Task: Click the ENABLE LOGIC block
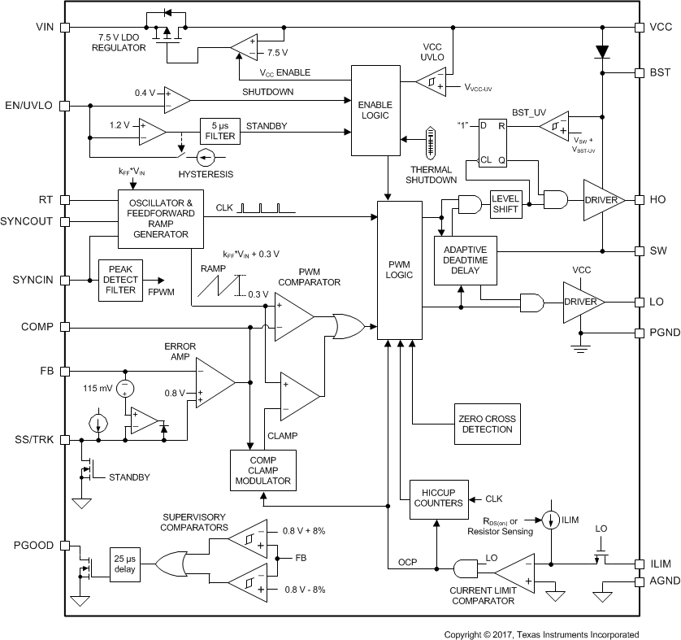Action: pos(375,111)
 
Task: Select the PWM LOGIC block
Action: pos(401,268)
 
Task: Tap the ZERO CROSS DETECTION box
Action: pos(484,424)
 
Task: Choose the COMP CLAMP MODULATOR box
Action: pos(262,468)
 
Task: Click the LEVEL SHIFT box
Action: pos(505,204)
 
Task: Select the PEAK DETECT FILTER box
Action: pos(120,280)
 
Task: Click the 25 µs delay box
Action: pos(125,564)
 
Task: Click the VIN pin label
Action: pos(45,28)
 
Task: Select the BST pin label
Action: pos(660,72)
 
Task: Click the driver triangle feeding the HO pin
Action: pos(602,199)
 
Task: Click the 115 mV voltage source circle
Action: pos(124,387)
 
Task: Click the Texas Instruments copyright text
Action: pos(540,634)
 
